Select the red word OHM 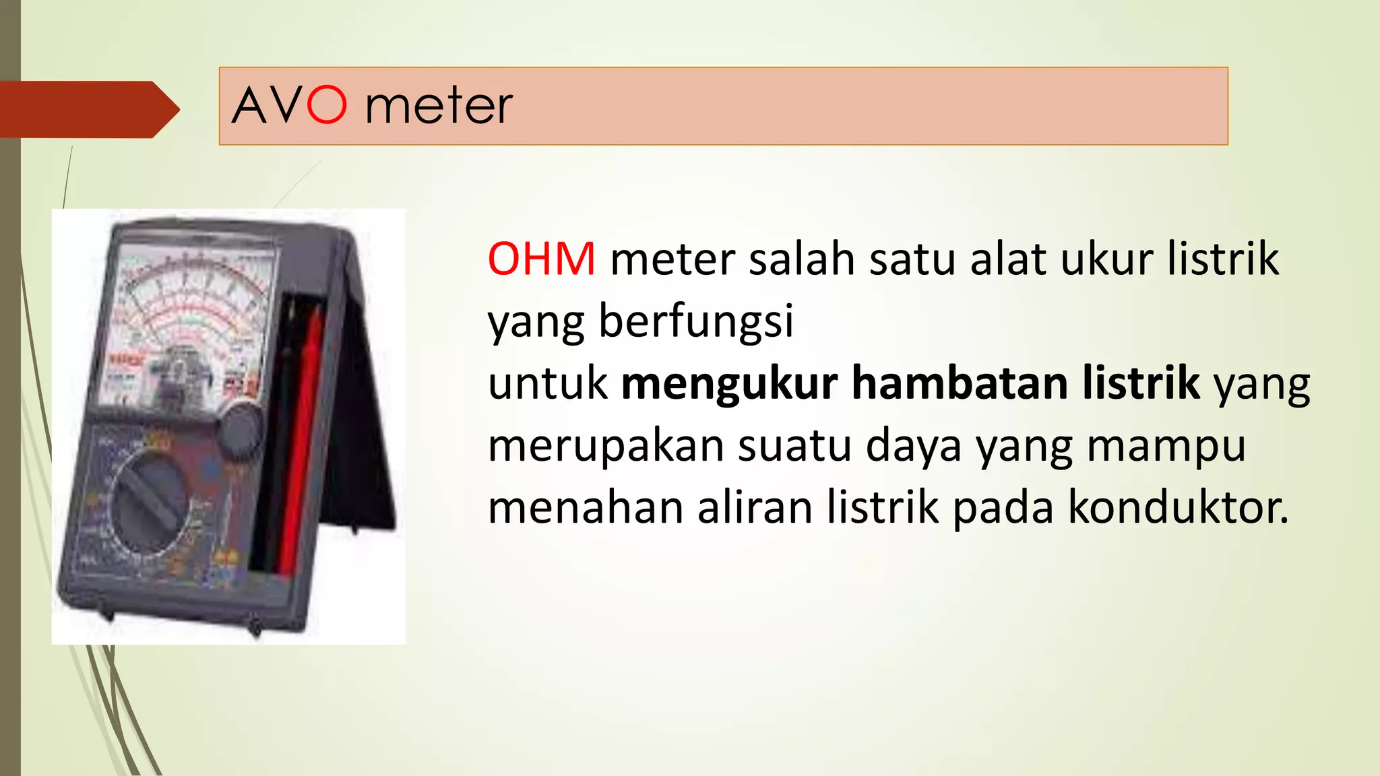point(541,259)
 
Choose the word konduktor point(1178,507)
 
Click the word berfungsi point(696,322)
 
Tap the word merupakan point(605,446)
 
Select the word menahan point(585,507)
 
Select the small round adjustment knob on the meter point(241,430)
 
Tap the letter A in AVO point(251,106)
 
